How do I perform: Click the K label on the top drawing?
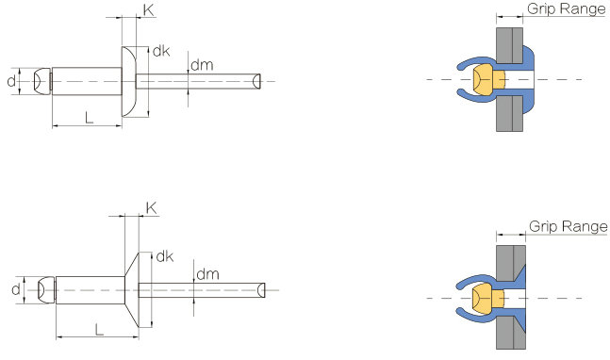pyautogui.click(x=149, y=10)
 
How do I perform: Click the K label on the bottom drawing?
pyautogui.click(x=152, y=208)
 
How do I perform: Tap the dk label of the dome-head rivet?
pyautogui.click(x=161, y=51)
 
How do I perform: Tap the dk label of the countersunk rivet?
pyautogui.click(x=165, y=256)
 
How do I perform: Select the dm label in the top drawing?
pyautogui.click(x=202, y=65)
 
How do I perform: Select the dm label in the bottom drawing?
pyautogui.click(x=207, y=274)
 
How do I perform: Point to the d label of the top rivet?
pyautogui.click(x=11, y=81)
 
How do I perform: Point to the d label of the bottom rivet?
pyautogui.click(x=16, y=289)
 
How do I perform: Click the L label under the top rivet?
pyautogui.click(x=89, y=117)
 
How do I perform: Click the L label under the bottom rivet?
pyautogui.click(x=99, y=330)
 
